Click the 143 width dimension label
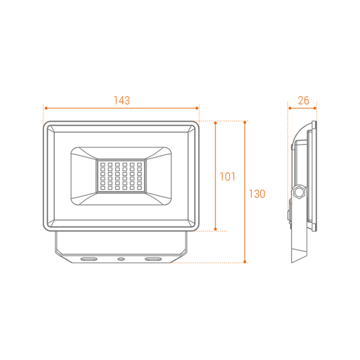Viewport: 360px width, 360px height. [122, 101]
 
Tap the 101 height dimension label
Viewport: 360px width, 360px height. [227, 177]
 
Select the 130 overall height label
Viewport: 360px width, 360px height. [257, 194]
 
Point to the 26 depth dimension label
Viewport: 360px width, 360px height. [304, 101]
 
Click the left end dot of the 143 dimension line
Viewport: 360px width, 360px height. [46, 108]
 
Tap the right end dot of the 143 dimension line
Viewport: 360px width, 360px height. [197, 108]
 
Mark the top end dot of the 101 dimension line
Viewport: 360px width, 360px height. [215, 123]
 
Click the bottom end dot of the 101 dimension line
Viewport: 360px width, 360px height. [215, 229]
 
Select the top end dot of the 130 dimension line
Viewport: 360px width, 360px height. [245, 122]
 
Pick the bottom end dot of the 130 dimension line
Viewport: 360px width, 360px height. [245, 262]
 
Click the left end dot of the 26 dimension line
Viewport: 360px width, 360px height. [290, 108]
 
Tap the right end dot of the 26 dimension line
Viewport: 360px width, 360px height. [315, 108]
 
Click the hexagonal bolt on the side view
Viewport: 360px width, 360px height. [299, 192]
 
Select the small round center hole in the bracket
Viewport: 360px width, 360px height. [121, 259]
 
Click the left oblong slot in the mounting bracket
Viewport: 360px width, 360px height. [89, 259]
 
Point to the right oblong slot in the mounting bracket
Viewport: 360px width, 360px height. [153, 259]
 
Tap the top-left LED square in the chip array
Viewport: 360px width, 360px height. [103, 164]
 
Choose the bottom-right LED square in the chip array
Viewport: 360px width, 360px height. [140, 188]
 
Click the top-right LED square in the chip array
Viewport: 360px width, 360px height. [140, 164]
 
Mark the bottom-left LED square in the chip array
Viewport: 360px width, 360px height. [103, 188]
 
